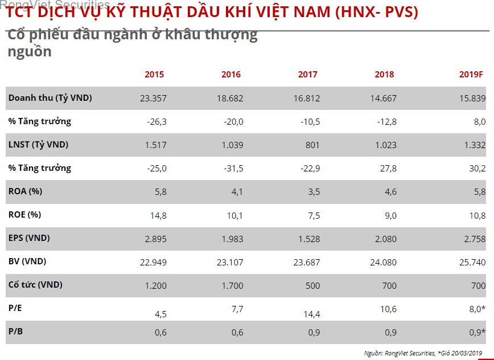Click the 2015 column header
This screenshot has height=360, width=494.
(154, 75)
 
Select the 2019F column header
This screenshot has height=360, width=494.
(471, 75)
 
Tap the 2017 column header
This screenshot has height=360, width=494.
(308, 75)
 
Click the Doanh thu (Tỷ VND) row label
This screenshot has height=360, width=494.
(50, 98)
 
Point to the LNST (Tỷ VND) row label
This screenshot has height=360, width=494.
(38, 145)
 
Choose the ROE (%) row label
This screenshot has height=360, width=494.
(26, 215)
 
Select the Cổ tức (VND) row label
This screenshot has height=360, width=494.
(35, 285)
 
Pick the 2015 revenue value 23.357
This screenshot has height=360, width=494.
(153, 98)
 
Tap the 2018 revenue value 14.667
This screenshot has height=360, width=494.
(383, 98)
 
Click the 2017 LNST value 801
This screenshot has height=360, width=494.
(312, 145)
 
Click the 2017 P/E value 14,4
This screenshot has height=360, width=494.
(311, 313)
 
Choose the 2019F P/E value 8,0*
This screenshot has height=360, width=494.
(475, 309)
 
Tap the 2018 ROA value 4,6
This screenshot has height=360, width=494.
(390, 192)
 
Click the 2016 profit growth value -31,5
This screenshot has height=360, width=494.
(232, 168)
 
